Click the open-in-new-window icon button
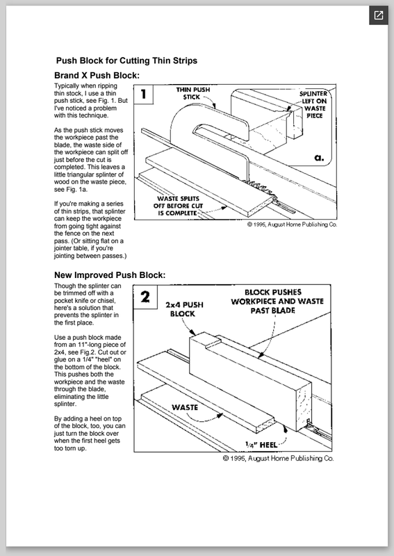click(379, 15)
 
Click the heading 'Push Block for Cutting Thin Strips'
click(126, 60)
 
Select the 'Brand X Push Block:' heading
click(97, 76)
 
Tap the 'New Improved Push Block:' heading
click(110, 275)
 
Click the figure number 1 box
click(144, 95)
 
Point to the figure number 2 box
click(145, 297)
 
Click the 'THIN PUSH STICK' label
click(193, 93)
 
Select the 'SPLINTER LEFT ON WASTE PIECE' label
click(313, 105)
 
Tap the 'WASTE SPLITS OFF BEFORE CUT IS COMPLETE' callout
click(178, 206)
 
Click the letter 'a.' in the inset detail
click(319, 158)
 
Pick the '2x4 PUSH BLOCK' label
click(184, 309)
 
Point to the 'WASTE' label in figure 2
click(185, 407)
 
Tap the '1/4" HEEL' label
click(261, 445)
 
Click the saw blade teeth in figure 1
click(259, 186)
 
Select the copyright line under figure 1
click(292, 224)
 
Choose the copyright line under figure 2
click(278, 459)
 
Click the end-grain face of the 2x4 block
click(304, 407)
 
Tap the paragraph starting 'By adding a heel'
click(90, 433)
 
